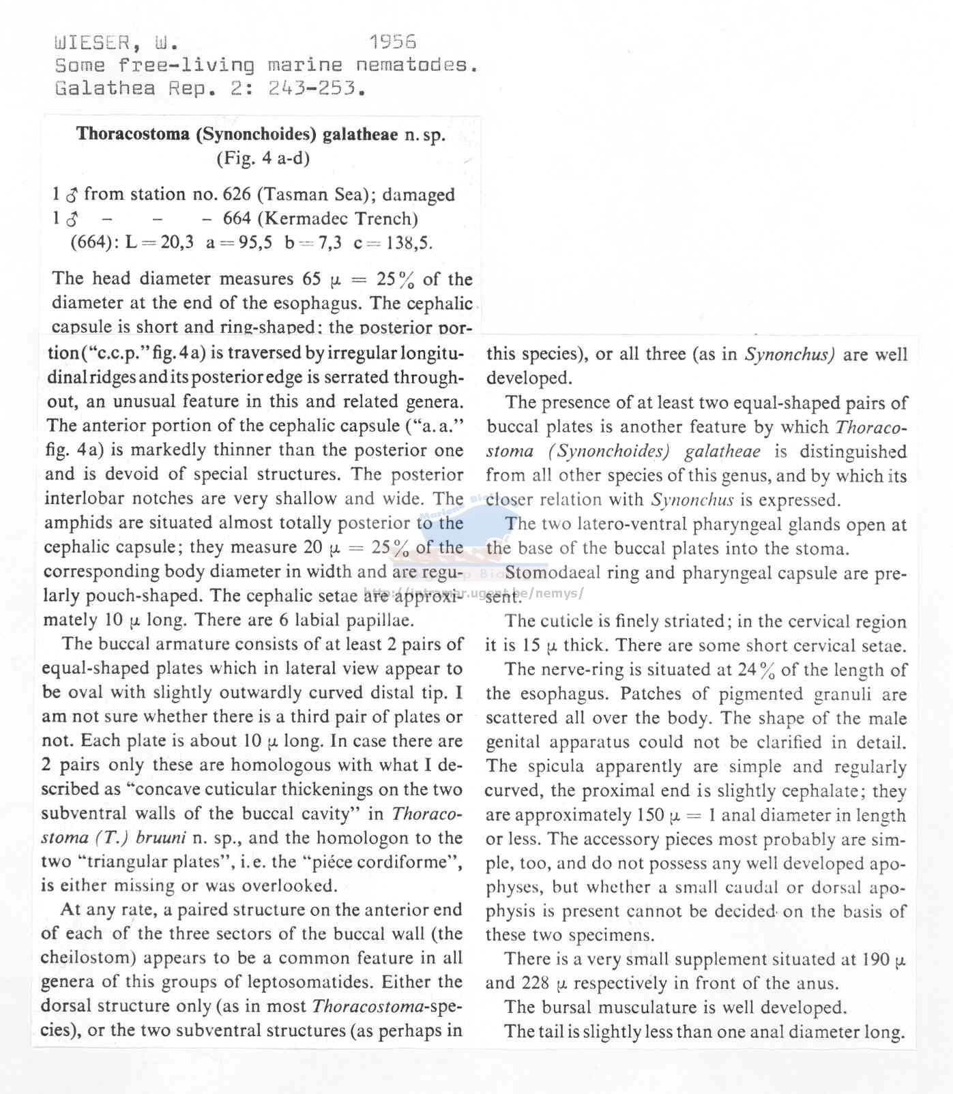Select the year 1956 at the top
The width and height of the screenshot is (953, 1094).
click(392, 42)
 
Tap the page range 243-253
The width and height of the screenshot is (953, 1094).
click(312, 89)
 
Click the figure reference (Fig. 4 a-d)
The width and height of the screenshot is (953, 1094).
click(263, 158)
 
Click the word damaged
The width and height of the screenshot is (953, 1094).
click(418, 195)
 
